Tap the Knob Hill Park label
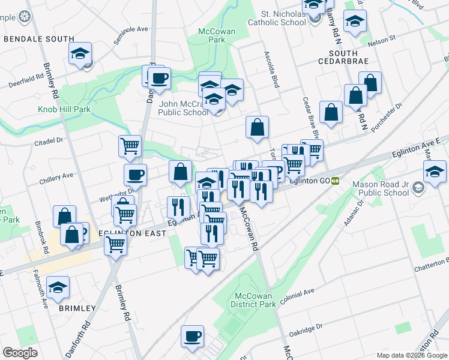(64, 110)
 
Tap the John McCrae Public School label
(184, 107)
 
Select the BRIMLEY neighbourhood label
(77, 308)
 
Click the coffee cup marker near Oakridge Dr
(192, 337)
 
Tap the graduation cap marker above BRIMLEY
(58, 287)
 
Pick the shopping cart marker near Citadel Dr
(130, 146)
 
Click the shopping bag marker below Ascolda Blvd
(257, 127)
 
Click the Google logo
(20, 353)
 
